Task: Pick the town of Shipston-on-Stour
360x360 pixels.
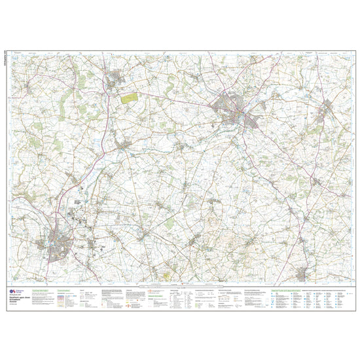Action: coord(303,272)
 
